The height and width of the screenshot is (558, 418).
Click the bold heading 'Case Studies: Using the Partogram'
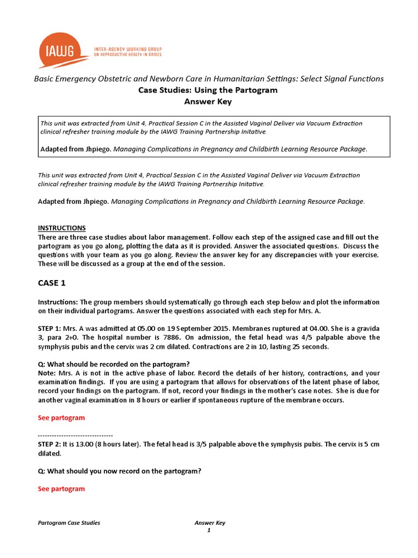click(209, 90)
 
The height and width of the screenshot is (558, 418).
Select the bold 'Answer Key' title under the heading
click(209, 101)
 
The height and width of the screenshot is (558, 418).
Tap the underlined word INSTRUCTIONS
click(62, 228)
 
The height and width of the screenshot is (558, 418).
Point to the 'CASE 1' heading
click(52, 284)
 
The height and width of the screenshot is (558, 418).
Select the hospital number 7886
click(162, 338)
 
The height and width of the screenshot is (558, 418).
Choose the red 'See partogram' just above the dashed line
click(61, 418)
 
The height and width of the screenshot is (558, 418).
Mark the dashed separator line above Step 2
click(75, 435)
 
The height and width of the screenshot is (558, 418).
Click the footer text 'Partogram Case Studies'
click(69, 523)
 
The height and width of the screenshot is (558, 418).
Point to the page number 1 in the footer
click(208, 531)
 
